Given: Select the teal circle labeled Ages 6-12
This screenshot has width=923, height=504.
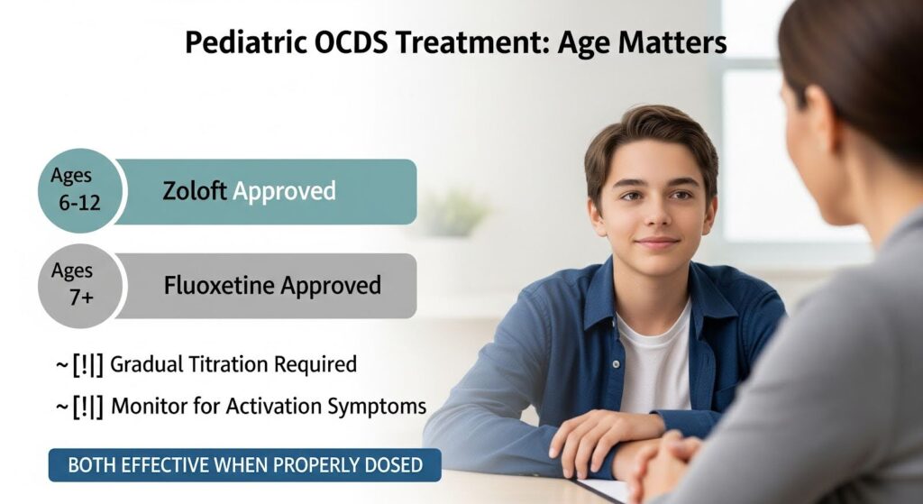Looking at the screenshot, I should click(78, 190).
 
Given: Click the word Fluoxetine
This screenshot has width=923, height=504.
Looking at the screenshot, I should click(217, 286).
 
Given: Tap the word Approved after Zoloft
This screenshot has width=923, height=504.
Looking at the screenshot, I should click(284, 191).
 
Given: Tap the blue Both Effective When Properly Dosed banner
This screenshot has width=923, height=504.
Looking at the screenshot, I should click(245, 465).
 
